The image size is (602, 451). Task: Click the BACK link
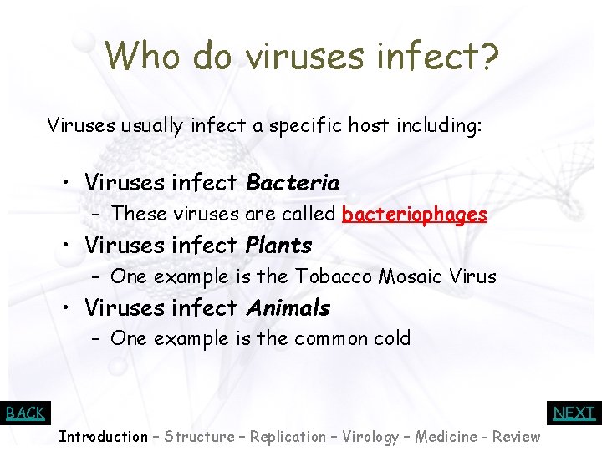tap(25, 413)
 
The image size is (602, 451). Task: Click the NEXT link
tap(574, 413)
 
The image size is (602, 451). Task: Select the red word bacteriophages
tap(415, 215)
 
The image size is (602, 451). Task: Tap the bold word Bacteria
tap(293, 182)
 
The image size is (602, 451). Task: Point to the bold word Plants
tap(278, 246)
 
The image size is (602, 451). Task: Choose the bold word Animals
tap(288, 308)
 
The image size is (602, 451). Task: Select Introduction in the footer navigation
tap(103, 437)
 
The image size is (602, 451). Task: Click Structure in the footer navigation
tap(199, 437)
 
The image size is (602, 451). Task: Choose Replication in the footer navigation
tap(288, 437)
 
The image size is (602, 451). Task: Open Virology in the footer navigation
tap(371, 437)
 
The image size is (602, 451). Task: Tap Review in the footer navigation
tap(516, 437)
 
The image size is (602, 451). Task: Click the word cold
tap(393, 338)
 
